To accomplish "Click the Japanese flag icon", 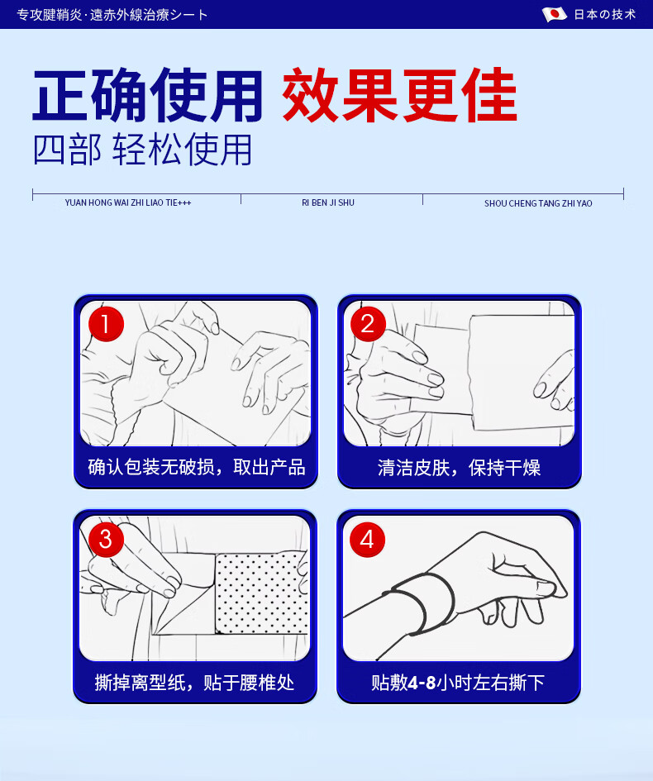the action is click(x=555, y=14).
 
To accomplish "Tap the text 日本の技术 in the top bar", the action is click(x=605, y=14).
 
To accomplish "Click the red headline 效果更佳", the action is click(x=400, y=95).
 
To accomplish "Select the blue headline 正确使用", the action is click(x=148, y=95).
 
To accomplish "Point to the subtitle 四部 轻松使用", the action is click(x=142, y=150).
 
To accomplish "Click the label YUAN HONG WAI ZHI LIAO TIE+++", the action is click(x=128, y=202).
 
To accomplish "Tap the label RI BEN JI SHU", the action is click(x=328, y=202).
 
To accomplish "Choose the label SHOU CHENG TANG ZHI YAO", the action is click(x=538, y=203).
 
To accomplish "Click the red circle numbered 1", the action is click(x=106, y=324).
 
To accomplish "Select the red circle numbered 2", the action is click(x=368, y=324).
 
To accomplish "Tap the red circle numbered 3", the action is click(x=106, y=540).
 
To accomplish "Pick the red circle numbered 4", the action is click(x=368, y=540).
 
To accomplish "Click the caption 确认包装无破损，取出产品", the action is click(x=197, y=467).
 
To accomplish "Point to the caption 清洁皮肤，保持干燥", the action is click(x=460, y=468).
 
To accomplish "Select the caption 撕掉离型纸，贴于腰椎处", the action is click(x=195, y=683).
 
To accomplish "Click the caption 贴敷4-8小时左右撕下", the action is click(x=458, y=683).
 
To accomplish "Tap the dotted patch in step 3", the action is click(x=261, y=592).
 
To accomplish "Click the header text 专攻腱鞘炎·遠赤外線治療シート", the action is click(x=112, y=14).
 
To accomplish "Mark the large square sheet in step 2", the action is click(x=522, y=372).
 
